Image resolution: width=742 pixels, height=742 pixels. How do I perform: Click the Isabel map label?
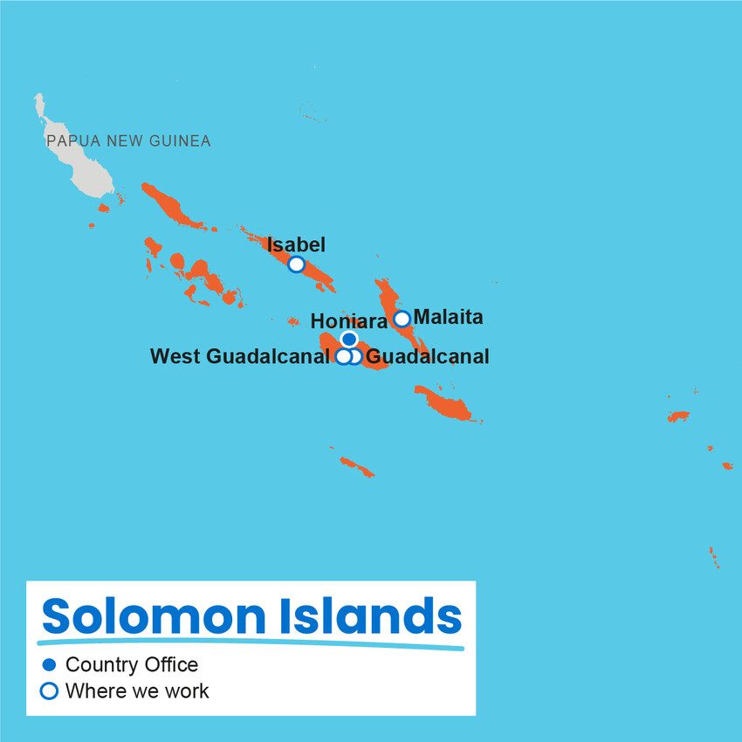(296, 245)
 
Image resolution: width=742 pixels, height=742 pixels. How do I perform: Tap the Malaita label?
(448, 318)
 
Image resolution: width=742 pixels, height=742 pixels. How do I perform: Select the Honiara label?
(349, 322)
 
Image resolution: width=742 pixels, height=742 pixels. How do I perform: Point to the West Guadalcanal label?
(239, 356)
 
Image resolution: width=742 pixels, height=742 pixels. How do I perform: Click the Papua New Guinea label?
(128, 141)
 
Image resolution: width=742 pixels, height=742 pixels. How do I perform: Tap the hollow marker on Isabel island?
(296, 264)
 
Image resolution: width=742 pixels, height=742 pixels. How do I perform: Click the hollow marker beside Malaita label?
(402, 319)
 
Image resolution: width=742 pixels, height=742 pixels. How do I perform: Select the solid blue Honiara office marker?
(349, 339)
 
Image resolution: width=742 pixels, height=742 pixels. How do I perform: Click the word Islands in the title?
(370, 615)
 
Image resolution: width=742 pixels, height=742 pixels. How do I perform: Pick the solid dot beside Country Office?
(49, 665)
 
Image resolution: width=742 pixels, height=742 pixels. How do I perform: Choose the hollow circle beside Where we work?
(49, 691)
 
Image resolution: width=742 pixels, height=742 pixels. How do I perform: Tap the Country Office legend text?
(132, 665)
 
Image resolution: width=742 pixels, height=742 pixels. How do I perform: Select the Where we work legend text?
(137, 691)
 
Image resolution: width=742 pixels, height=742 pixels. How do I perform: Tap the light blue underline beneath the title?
(253, 645)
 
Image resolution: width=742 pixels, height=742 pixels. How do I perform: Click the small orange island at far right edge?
(726, 465)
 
